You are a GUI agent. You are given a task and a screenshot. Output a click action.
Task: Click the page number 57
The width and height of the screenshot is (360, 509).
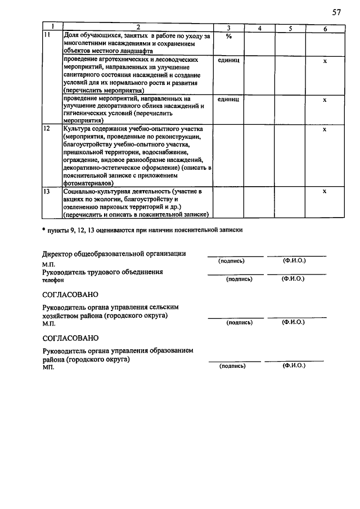336,12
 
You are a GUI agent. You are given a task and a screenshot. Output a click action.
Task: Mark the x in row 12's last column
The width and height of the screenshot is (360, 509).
325,129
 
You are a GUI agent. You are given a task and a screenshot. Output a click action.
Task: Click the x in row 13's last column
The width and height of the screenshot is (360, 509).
325,192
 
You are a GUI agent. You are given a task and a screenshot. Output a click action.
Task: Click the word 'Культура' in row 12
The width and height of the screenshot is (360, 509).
79,129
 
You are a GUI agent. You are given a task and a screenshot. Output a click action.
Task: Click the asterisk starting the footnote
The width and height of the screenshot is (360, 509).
44,229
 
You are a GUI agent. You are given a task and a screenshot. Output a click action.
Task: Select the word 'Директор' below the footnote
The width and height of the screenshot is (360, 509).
59,254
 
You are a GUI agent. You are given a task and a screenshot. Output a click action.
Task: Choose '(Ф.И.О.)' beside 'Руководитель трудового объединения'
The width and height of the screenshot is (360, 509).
293,278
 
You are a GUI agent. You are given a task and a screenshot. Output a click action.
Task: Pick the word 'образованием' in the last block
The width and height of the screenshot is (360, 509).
170,350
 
